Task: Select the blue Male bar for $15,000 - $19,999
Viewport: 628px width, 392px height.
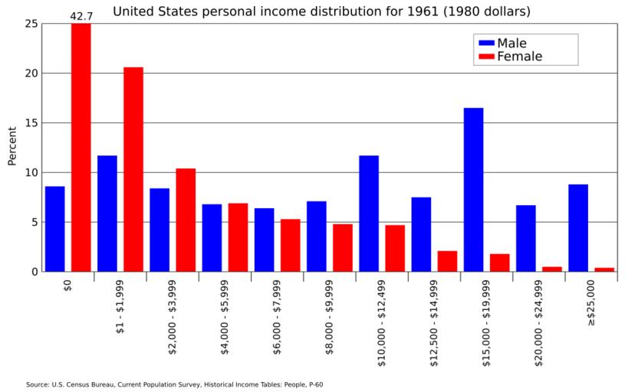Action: point(473,189)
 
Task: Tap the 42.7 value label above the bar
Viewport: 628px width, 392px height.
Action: point(81,15)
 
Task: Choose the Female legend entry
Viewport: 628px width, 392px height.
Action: point(508,56)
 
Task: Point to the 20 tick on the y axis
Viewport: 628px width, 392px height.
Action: point(31,73)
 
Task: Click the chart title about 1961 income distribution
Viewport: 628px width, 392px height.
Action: point(321,11)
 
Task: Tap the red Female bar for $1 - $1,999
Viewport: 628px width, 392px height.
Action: point(133,169)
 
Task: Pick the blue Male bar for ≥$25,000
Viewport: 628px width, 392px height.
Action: point(578,227)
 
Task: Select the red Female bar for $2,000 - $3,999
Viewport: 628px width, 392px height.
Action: point(186,220)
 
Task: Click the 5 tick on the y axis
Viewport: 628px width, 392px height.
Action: point(34,222)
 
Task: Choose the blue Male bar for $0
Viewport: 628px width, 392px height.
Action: point(54,228)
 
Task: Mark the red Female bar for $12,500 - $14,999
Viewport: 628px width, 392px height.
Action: point(447,260)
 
